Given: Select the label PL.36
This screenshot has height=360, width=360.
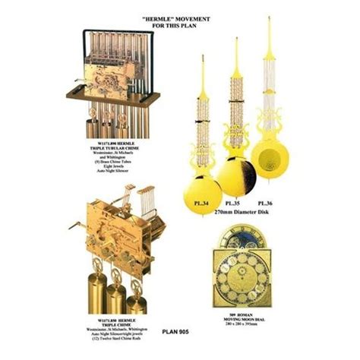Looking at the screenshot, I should click(265, 203).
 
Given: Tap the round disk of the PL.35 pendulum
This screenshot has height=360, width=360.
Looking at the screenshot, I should click(233, 175).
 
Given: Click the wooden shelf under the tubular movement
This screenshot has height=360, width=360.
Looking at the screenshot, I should click(114, 93).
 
